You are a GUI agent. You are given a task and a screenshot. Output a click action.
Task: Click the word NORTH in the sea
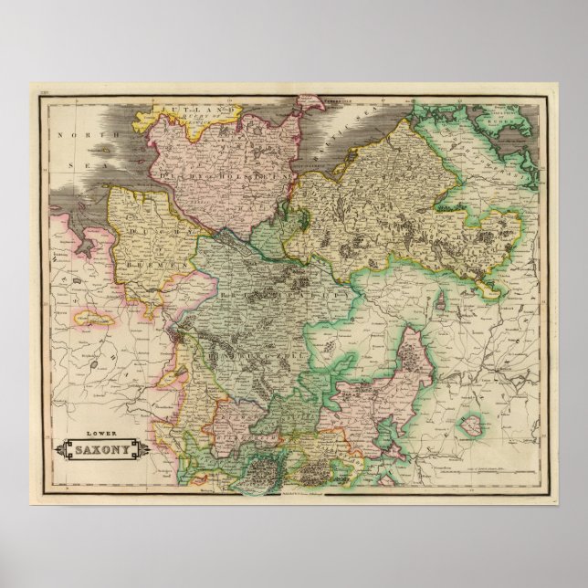click(75, 134)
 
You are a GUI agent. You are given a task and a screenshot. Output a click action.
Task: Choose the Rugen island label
click(517, 119)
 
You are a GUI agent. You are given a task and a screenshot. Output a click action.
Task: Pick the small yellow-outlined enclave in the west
click(92, 319)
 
